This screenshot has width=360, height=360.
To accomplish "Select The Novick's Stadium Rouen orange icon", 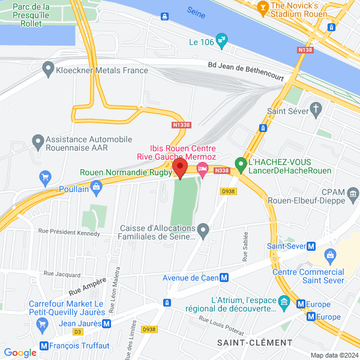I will coord(262,7).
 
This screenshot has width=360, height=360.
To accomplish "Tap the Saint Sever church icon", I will coord(316,109).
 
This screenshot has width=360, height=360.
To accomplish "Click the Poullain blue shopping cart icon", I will coord(44,178).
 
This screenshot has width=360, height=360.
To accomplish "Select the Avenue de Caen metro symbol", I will coord(224,278).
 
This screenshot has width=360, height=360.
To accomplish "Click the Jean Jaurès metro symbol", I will coord(106,323).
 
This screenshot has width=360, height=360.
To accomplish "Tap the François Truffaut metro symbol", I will coord(43,346).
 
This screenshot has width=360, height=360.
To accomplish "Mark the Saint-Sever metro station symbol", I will coord(311,246).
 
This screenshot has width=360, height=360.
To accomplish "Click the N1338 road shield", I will coord(181,125).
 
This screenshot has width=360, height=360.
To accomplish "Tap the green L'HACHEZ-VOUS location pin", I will coord(241,163).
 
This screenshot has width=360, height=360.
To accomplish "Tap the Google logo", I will coord(20,353).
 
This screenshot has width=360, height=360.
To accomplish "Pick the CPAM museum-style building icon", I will coord(353,193).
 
